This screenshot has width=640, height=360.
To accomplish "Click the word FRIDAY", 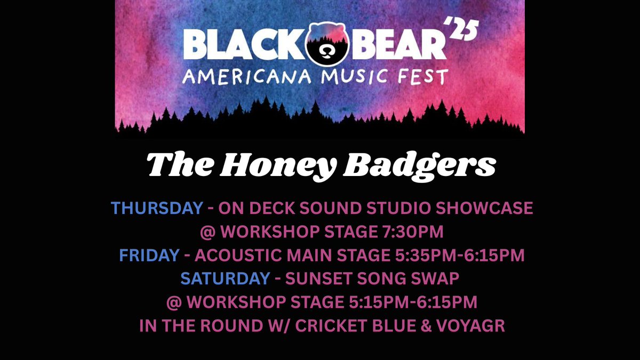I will (149, 255).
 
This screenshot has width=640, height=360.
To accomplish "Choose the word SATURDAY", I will (225, 278).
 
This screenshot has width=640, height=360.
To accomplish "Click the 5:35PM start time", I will (417, 255).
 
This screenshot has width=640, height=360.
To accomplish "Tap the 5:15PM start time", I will (370, 302).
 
